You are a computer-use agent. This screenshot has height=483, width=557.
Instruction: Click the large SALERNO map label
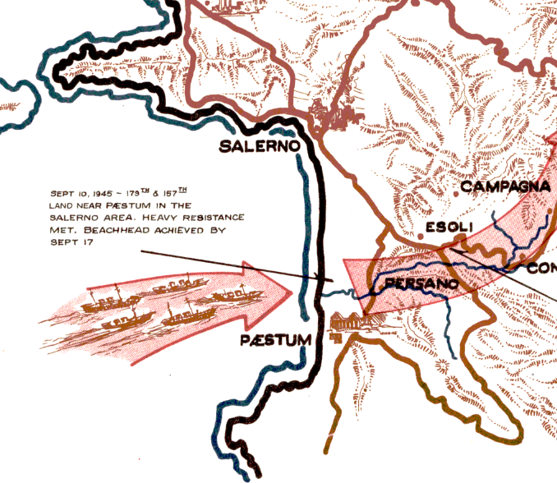pos(259,148)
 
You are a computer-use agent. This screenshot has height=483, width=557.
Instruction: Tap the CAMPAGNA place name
pos(504,187)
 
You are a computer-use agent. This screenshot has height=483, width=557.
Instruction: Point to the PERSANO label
pos(420,283)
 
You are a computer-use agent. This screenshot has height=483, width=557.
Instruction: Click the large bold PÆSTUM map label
pos(276,340)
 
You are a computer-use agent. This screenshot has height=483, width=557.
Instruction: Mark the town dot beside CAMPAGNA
pos(456,194)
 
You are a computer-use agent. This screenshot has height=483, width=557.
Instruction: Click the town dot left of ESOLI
pos(421,236)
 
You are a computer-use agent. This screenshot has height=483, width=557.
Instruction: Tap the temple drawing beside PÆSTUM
pos(346,324)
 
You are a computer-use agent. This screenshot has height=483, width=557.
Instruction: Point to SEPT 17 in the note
pos(67,242)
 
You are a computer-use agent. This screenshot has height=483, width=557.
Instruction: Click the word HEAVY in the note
pos(169,217)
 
